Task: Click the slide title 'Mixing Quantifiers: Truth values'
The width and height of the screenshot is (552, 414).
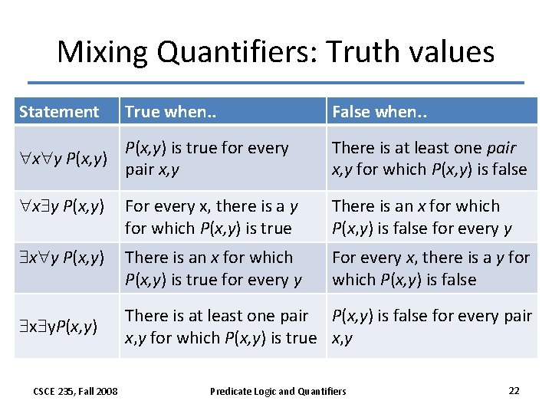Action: [275, 52]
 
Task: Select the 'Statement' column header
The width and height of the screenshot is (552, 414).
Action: [59, 112]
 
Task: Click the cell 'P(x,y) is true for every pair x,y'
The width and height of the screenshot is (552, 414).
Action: [207, 158]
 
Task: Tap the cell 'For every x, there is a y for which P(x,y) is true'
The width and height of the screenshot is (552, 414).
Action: [211, 217]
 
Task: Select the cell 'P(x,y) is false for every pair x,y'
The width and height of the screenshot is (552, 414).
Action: [432, 326]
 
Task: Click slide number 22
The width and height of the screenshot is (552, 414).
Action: [514, 390]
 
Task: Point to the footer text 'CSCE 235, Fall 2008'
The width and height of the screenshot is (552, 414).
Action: [75, 391]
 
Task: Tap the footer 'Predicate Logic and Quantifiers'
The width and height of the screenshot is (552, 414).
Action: [278, 391]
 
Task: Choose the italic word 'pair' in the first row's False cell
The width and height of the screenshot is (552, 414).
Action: [501, 148]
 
